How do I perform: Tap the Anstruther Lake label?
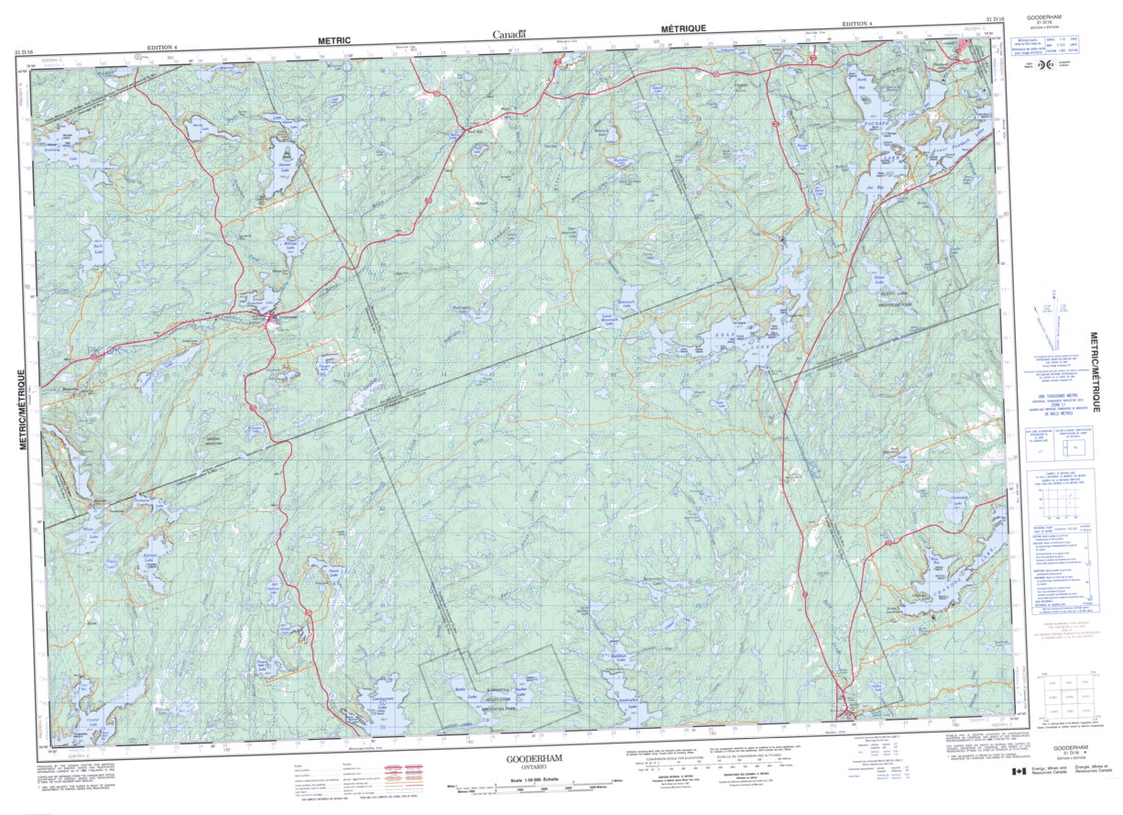pos(627,697)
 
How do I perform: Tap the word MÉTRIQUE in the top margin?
pos(680,29)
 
